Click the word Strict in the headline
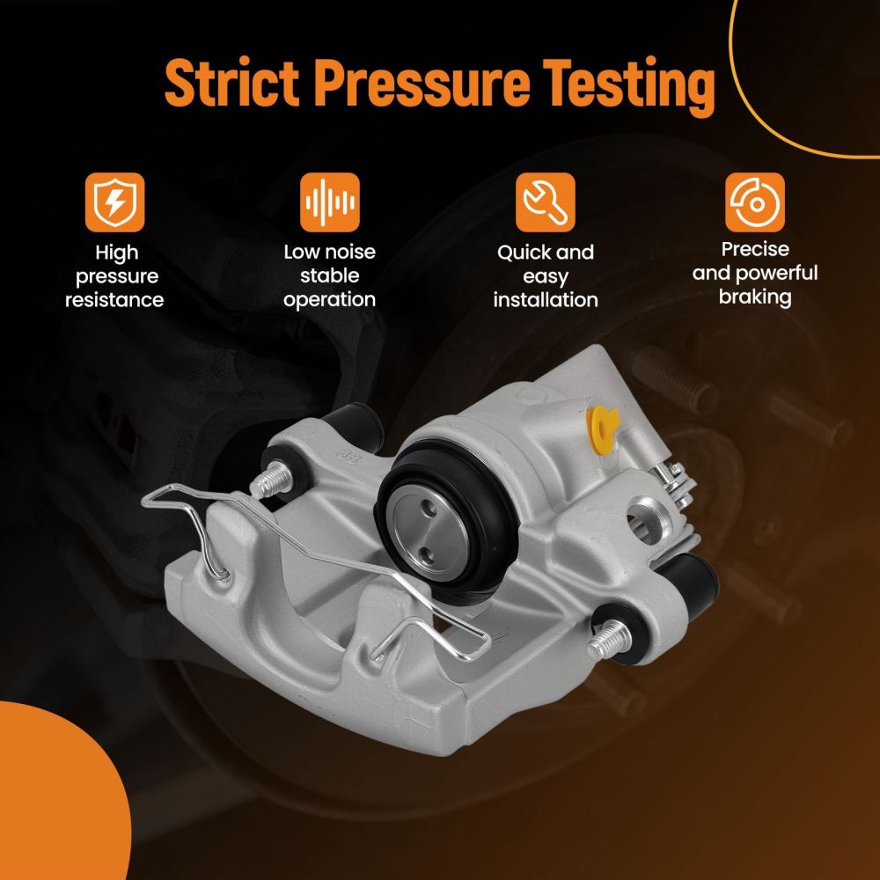click(x=231, y=83)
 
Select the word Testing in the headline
click(x=629, y=86)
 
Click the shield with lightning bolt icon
click(x=115, y=202)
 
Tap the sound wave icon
click(x=329, y=202)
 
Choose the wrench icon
click(x=546, y=202)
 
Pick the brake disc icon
click(x=755, y=202)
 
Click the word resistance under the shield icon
click(x=114, y=300)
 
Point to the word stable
click(x=329, y=275)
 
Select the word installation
click(x=546, y=300)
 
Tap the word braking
click(x=755, y=297)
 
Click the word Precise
click(x=755, y=249)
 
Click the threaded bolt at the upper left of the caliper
click(x=270, y=480)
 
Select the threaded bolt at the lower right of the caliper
click(x=609, y=642)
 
